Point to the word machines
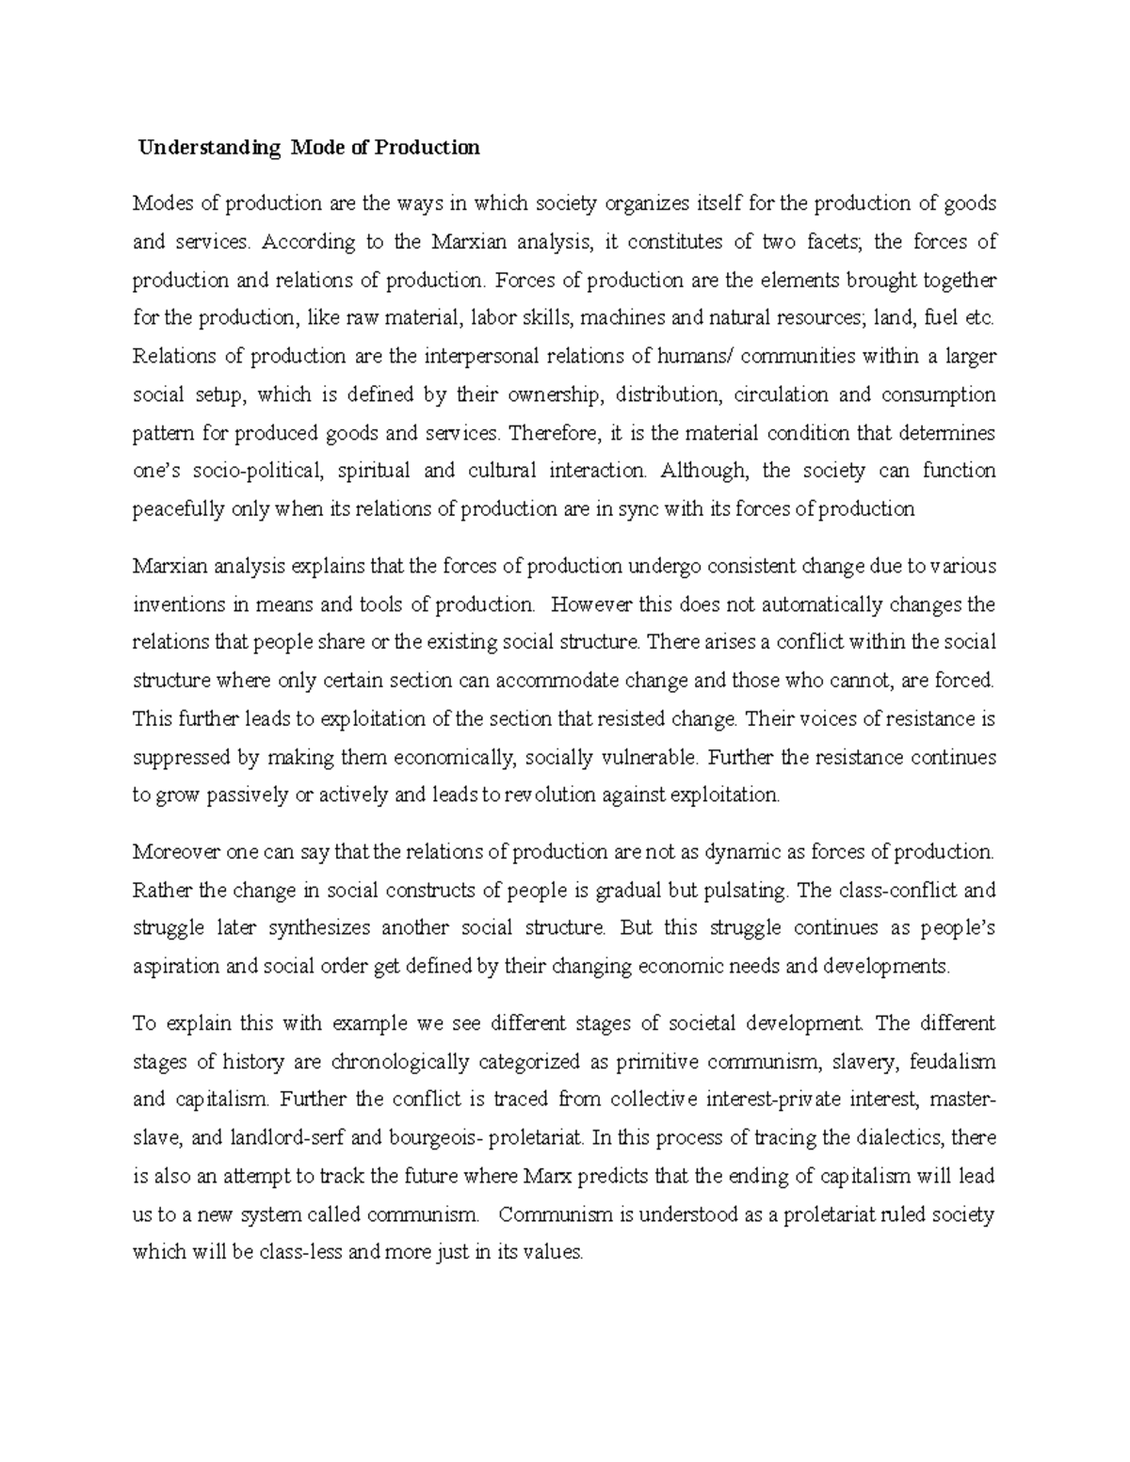pos(622,318)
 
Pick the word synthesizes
pos(318,928)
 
